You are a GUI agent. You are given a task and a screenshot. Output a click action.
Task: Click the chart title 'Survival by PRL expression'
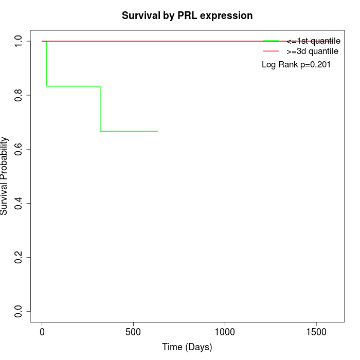pyautogui.click(x=187, y=15)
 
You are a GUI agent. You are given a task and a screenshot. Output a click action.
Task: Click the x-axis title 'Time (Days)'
pyautogui.click(x=187, y=348)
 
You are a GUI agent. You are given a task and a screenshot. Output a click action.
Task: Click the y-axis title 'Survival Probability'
pyautogui.click(x=5, y=176)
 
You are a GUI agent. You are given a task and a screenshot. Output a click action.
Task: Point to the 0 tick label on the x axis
pyautogui.click(x=42, y=332)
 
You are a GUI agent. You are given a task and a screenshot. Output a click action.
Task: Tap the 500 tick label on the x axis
pyautogui.click(x=133, y=332)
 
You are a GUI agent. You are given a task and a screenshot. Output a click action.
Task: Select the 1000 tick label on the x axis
pyautogui.click(x=225, y=332)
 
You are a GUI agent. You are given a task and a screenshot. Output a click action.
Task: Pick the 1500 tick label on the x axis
pyautogui.click(x=316, y=332)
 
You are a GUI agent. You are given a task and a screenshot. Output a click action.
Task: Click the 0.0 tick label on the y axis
pyautogui.click(x=19, y=311)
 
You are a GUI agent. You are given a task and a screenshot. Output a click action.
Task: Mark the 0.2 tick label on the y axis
pyautogui.click(x=19, y=257)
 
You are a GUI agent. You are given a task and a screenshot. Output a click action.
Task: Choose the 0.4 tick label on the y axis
pyautogui.click(x=19, y=203)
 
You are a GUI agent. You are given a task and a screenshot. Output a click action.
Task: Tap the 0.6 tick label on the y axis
pyautogui.click(x=19, y=149)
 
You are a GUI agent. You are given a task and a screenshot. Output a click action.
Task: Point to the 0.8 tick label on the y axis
pyautogui.click(x=19, y=95)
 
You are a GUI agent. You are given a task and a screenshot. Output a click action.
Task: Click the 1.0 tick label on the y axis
pyautogui.click(x=19, y=41)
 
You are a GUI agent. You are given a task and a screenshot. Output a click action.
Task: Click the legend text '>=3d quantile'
pyautogui.click(x=313, y=51)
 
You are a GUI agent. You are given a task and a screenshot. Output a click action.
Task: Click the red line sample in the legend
pyautogui.click(x=271, y=51)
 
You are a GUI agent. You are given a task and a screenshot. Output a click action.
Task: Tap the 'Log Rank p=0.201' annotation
pyautogui.click(x=296, y=65)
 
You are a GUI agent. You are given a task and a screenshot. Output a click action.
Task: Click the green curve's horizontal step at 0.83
pyautogui.click(x=74, y=86)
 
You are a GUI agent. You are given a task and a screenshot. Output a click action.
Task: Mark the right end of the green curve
pyautogui.click(x=157, y=131)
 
